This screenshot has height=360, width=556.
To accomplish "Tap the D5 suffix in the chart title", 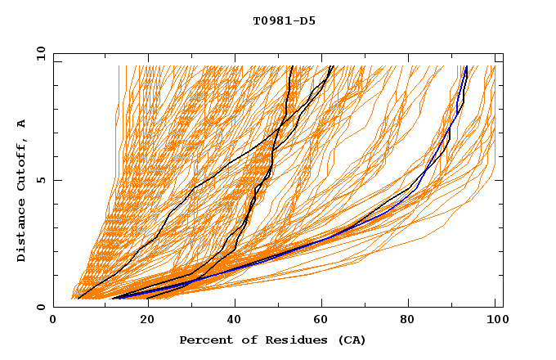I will point(306,20).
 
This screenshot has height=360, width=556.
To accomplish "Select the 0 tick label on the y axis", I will point(41,308).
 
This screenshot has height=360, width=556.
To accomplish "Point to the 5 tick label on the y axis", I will point(41,180).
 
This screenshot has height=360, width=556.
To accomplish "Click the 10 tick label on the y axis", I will point(39,52).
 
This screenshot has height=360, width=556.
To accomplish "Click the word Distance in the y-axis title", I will point(22,233).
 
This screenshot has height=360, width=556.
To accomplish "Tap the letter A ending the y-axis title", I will point(22,124).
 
